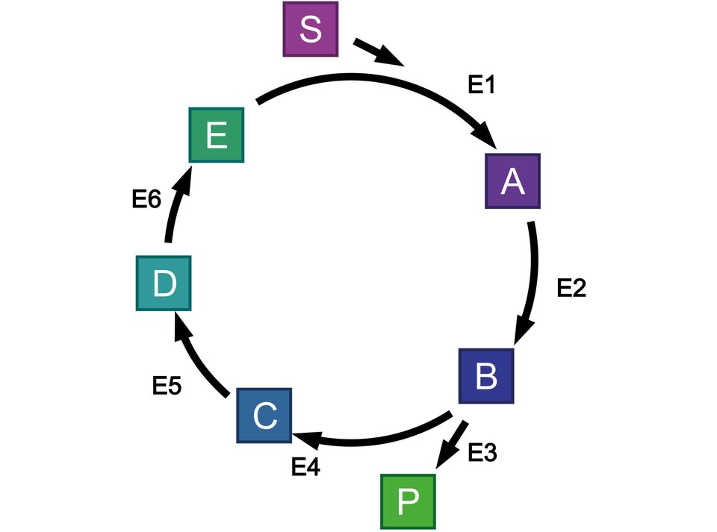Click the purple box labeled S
pyautogui.click(x=311, y=29)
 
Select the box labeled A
pyautogui.click(x=512, y=181)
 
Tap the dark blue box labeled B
pyautogui.click(x=485, y=376)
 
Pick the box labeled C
pyautogui.click(x=264, y=416)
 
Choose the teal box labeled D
pyautogui.click(x=164, y=283)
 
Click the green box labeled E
pyautogui.click(x=217, y=136)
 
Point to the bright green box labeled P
pyautogui.click(x=408, y=501)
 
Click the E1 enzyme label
pyautogui.click(x=482, y=86)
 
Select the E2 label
pyautogui.click(x=572, y=289)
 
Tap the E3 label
pyautogui.click(x=482, y=452)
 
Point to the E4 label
pyautogui.click(x=305, y=468)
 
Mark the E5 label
pyautogui.click(x=167, y=386)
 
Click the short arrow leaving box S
pyautogui.click(x=379, y=53)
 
